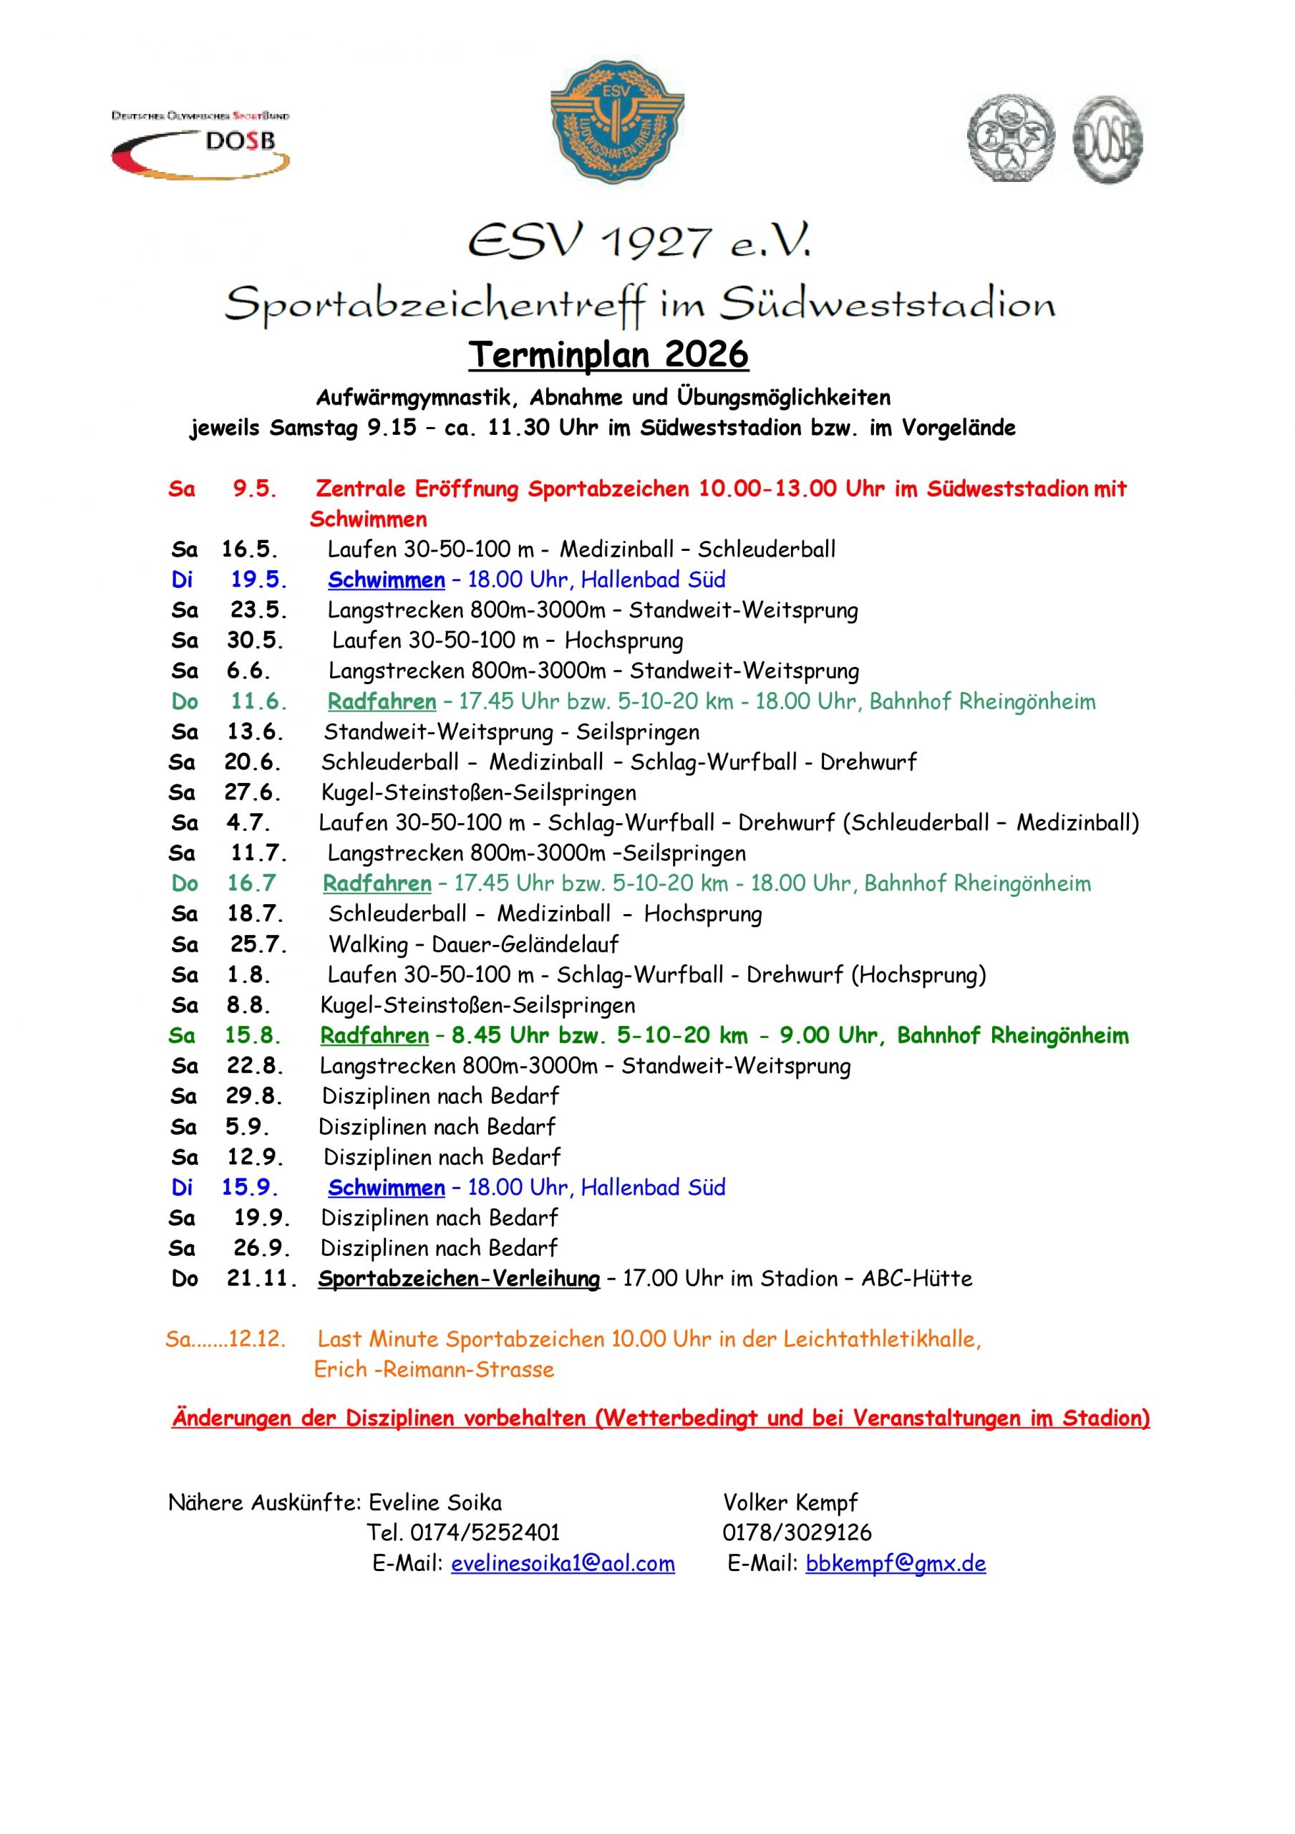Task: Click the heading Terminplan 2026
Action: click(608, 355)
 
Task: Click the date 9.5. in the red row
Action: click(255, 489)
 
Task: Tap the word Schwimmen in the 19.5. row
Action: click(387, 580)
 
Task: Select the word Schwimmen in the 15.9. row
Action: click(387, 1188)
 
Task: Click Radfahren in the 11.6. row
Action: click(382, 702)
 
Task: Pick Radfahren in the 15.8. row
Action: click(374, 1036)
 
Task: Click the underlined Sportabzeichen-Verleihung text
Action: click(458, 1279)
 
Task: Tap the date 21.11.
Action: click(261, 1279)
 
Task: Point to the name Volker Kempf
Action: click(790, 1502)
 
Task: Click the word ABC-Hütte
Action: click(916, 1279)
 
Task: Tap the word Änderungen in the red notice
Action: click(231, 1418)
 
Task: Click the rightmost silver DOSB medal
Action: click(1107, 139)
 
